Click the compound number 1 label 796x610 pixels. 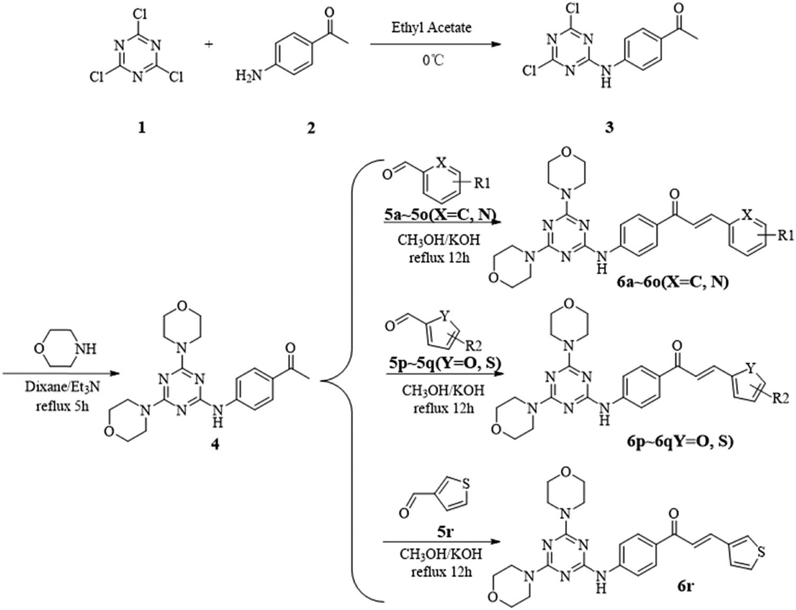pyautogui.click(x=141, y=128)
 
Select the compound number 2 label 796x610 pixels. pyautogui.click(x=310, y=128)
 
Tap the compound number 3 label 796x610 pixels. pyautogui.click(x=609, y=128)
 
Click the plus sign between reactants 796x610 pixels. pyautogui.click(x=209, y=44)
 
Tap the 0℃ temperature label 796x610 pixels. pyautogui.click(x=433, y=60)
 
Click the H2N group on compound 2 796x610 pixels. pyautogui.click(x=249, y=76)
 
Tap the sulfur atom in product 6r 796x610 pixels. pyautogui.click(x=762, y=553)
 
